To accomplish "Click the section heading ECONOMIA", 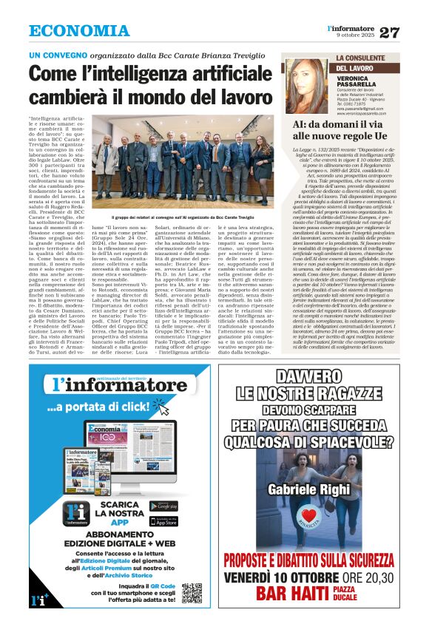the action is click(79, 31).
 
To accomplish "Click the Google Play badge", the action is click(163, 506).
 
